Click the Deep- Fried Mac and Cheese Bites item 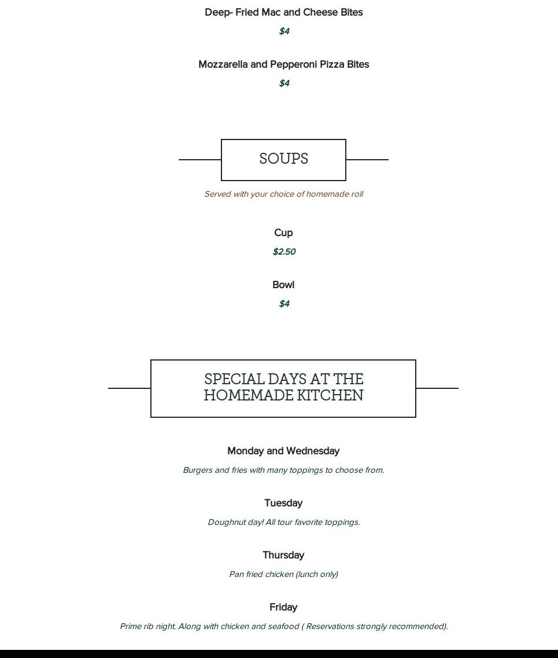pos(283,12)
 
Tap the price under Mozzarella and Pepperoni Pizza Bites pos(284,83)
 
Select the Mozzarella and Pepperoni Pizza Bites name pos(283,64)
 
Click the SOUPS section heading pos(283,159)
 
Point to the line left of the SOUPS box pos(200,160)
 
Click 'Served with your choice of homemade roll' pos(284,194)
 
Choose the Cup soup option pos(283,233)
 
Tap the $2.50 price pos(284,251)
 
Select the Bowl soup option pos(283,285)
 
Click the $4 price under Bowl pos(284,303)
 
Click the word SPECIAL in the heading pos(234,380)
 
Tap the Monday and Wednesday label pos(283,451)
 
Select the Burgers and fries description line pos(284,470)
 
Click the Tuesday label pos(283,503)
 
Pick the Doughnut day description pos(284,522)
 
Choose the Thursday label pos(283,555)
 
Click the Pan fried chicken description pos(284,574)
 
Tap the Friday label pos(283,607)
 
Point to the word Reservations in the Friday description pos(330,626)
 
